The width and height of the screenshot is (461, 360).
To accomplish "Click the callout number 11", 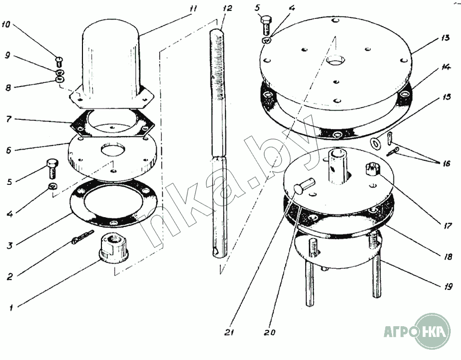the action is (193, 8).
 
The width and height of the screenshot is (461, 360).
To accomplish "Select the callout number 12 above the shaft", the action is (227, 8).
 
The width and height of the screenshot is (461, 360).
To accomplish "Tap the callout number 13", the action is (445, 38).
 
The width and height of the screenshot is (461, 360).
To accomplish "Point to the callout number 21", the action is (229, 332).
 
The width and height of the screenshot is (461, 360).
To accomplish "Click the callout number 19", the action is (448, 286).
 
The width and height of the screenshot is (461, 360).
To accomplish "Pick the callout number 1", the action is (11, 308).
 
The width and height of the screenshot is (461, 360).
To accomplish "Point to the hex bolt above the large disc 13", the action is (266, 25).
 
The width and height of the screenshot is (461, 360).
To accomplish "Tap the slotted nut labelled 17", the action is (372, 169).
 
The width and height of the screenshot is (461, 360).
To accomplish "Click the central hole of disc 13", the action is (335, 61).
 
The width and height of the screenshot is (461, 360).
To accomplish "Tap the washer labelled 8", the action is (60, 79).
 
